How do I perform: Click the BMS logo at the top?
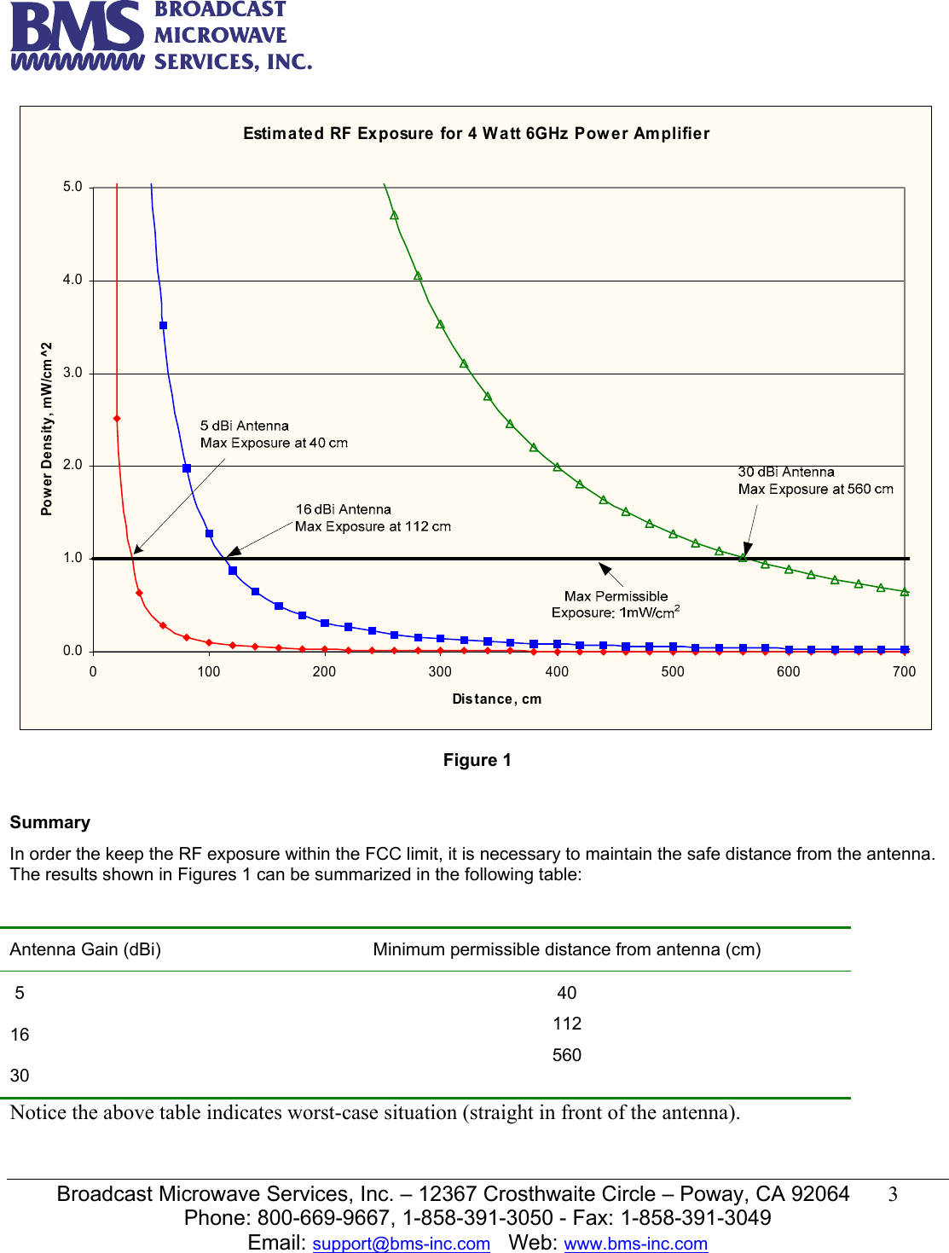160,36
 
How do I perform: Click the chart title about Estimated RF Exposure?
476,133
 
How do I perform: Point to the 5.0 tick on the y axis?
73,187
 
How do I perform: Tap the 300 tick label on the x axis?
440,671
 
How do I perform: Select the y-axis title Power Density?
47,428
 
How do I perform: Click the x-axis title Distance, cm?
496,699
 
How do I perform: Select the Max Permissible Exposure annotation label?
616,604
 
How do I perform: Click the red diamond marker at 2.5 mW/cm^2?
117,419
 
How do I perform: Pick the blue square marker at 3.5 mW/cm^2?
164,326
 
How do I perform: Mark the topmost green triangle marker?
394,216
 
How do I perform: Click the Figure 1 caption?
477,760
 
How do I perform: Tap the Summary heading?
50,822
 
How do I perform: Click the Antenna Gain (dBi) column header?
85,949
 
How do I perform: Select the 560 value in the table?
567,1055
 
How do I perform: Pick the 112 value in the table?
567,1024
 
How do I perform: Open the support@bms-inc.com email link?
401,1244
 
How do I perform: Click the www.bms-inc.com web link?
635,1244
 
